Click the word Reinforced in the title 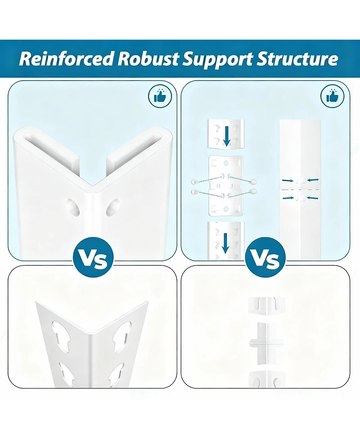coord(67,59)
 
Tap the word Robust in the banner coord(148,59)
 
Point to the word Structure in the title coord(297,59)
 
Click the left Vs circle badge coord(93,257)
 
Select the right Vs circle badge coord(265,257)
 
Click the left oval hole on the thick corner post coord(72,207)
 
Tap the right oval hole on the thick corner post coord(113,207)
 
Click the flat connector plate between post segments coord(226,186)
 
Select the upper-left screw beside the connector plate coord(193,182)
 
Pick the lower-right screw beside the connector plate coord(254,192)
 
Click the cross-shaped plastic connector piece coord(267,342)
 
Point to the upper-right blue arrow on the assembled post coord(313,180)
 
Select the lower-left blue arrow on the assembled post coord(288,198)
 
